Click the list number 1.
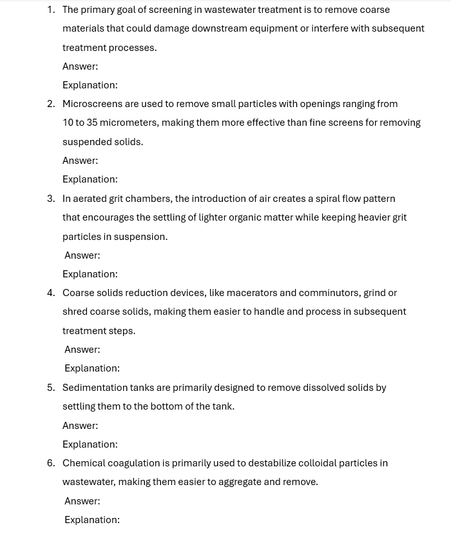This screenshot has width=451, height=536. click(x=50, y=10)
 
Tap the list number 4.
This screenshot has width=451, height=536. click(x=50, y=293)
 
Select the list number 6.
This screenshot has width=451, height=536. click(x=50, y=463)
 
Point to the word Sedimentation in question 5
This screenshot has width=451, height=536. click(x=95, y=388)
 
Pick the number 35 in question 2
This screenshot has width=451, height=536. click(x=92, y=123)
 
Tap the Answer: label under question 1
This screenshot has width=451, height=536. click(x=80, y=66)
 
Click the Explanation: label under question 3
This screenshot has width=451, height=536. click(x=90, y=274)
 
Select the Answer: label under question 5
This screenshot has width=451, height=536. click(x=80, y=426)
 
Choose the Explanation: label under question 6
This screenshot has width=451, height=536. click(x=91, y=520)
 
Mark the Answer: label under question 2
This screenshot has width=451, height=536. click(x=80, y=161)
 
